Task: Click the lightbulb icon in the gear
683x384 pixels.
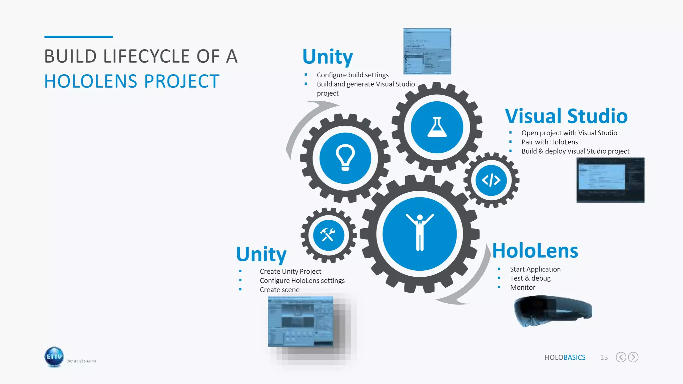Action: pos(345,158)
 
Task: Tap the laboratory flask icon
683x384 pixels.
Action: pos(437,127)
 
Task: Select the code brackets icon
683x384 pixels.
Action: pos(491,180)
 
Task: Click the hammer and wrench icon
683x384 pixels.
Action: pos(328,235)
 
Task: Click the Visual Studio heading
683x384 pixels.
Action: pos(566,116)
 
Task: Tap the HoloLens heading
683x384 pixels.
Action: pos(535,251)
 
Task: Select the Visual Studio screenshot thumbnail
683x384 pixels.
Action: pos(610,180)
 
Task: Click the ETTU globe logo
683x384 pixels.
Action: pos(54,357)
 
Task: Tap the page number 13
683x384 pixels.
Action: pos(604,357)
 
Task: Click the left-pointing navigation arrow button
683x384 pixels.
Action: pos(621,357)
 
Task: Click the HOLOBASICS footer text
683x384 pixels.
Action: pos(565,357)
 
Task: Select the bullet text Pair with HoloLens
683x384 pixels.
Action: pos(550,142)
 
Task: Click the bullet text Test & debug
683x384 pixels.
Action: pos(530,278)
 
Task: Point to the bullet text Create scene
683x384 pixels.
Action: pos(279,290)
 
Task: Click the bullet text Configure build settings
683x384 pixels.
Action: pos(353,75)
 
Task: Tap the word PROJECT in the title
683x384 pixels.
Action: pos(182,81)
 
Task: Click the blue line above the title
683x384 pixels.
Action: pos(78,37)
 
